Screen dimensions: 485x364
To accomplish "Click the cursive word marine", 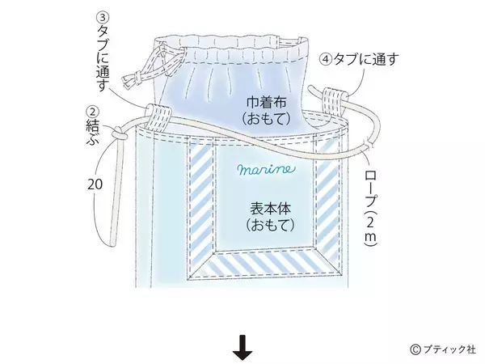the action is tap(266, 169).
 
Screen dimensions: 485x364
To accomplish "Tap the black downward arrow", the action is tap(242, 348).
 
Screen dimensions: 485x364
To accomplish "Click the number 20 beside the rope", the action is tap(95, 184).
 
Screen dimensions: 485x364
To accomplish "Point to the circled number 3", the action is tap(103, 19).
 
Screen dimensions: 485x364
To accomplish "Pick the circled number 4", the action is tap(326, 60).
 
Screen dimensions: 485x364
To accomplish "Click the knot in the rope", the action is tap(119, 133).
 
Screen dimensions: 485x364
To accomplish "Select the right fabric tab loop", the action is tap(334, 101).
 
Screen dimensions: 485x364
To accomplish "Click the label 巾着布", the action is tap(267, 103).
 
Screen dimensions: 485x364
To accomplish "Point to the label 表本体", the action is tap(270, 209).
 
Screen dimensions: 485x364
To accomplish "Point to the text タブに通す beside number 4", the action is tap(365, 59).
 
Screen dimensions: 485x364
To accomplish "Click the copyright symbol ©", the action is tap(415, 349).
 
